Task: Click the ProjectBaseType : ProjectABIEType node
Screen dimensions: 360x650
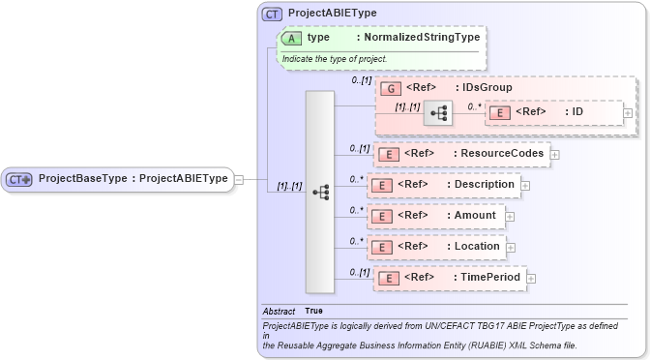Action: click(x=117, y=178)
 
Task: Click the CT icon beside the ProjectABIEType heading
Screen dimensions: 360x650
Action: click(x=272, y=14)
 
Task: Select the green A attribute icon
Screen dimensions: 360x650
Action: click(x=291, y=38)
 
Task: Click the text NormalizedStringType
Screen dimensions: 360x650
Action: click(x=421, y=38)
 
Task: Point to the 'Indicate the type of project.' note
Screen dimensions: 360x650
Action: click(x=335, y=59)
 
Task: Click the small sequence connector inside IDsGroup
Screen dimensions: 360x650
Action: click(x=438, y=113)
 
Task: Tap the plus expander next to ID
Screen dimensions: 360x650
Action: click(x=628, y=113)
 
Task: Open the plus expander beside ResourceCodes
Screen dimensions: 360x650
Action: click(x=555, y=154)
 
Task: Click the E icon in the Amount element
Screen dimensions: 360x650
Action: click(x=382, y=216)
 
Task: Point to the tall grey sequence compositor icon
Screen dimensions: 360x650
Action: click(x=320, y=192)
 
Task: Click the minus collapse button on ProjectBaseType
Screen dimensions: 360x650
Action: click(x=239, y=178)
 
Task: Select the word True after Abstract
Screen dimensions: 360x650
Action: click(x=313, y=311)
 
